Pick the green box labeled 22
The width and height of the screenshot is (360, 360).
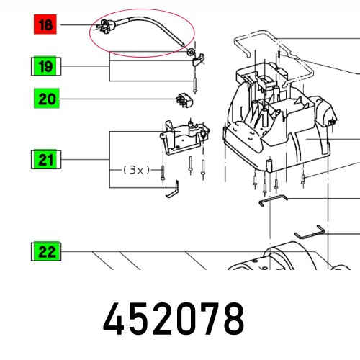[x=46, y=252]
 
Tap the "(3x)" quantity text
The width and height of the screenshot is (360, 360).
[x=135, y=170]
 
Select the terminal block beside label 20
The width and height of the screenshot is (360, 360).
[x=187, y=100]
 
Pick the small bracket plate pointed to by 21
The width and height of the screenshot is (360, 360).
[x=183, y=137]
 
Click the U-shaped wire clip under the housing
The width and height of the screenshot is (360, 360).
[x=274, y=202]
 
